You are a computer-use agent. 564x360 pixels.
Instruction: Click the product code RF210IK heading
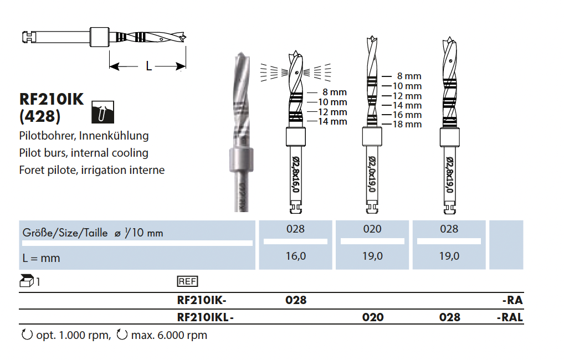pos(52,99)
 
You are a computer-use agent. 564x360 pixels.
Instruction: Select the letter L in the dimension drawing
pos(148,66)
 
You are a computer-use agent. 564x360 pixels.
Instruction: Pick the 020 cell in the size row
pos(372,229)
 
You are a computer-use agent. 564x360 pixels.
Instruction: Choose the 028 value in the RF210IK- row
pos(296,300)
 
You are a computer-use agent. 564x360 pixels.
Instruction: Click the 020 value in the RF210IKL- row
pos(372,317)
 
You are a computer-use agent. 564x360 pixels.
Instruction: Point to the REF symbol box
pos(187,281)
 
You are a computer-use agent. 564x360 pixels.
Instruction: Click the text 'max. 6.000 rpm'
pos(169,335)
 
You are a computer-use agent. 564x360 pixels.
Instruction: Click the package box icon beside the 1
pos(27,281)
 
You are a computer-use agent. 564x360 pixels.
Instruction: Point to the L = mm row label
pos(41,258)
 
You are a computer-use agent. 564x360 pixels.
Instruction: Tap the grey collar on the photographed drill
pos(240,161)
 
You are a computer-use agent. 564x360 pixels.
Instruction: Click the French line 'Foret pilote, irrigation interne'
pos(92,170)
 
